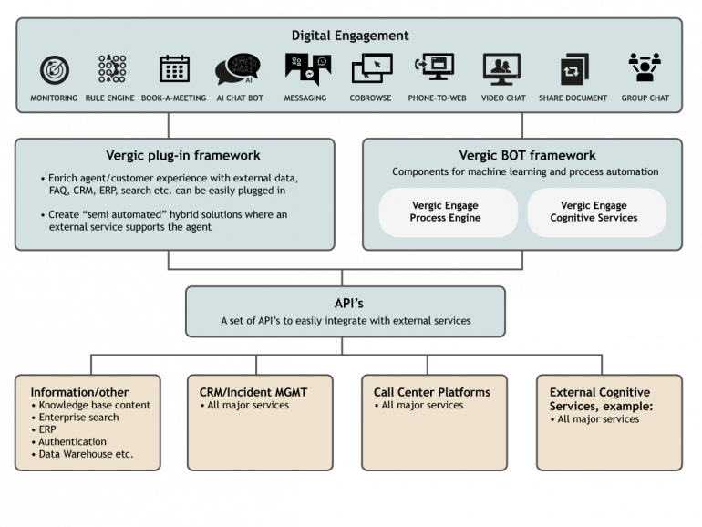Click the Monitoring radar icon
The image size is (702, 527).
[54, 70]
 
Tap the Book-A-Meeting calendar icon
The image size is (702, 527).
[175, 68]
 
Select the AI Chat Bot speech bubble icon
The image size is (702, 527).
[238, 69]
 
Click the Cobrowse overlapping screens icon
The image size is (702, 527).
[372, 68]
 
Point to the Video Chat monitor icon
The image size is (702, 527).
[501, 69]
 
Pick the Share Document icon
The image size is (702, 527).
[574, 69]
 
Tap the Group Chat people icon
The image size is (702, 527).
[645, 67]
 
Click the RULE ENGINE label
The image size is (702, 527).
[109, 98]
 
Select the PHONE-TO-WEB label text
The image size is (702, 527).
[437, 98]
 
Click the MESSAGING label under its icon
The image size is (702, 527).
[305, 98]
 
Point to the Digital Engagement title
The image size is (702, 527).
[350, 36]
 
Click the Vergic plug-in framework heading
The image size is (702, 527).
[183, 155]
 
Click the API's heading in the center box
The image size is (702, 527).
[349, 303]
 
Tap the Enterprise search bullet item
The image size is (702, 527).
[75, 418]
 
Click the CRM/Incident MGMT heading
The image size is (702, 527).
[253, 392]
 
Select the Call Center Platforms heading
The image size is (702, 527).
[432, 392]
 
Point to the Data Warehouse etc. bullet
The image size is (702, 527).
[82, 454]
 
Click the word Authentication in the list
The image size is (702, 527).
[73, 442]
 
